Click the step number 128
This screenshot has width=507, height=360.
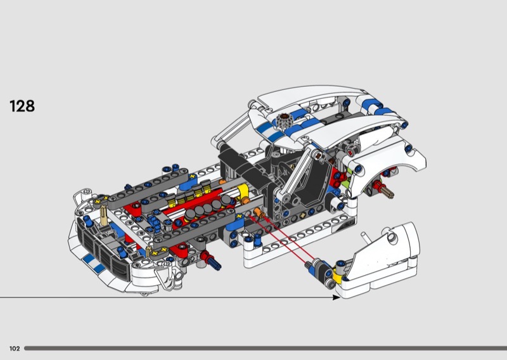pos(22,106)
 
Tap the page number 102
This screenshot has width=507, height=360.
pos(15,349)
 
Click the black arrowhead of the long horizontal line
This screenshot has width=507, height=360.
pos(337,297)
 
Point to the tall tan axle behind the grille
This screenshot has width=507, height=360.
pos(103,215)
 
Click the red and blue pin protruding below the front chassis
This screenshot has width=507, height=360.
pos(210,260)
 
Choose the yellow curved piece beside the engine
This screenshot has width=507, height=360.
pos(243,193)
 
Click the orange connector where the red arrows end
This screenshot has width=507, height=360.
pos(259,214)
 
